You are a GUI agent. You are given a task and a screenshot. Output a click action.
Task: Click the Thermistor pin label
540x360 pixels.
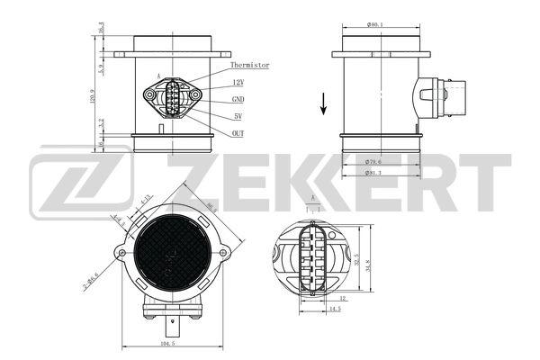tap(250, 65)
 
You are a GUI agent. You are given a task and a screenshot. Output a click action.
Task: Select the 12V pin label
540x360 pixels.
tap(238, 82)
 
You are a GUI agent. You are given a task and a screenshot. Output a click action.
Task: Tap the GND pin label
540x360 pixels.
tap(238, 99)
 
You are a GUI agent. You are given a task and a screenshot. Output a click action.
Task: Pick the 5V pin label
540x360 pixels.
tap(238, 116)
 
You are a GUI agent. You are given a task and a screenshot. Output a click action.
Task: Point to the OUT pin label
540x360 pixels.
tap(238, 133)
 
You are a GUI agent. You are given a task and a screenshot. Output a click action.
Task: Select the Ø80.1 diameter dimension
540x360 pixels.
tap(375, 24)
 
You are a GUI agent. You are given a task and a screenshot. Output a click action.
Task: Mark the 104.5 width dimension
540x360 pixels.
tap(167, 344)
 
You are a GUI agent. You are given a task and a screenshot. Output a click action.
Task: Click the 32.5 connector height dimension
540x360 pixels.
tap(358, 261)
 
